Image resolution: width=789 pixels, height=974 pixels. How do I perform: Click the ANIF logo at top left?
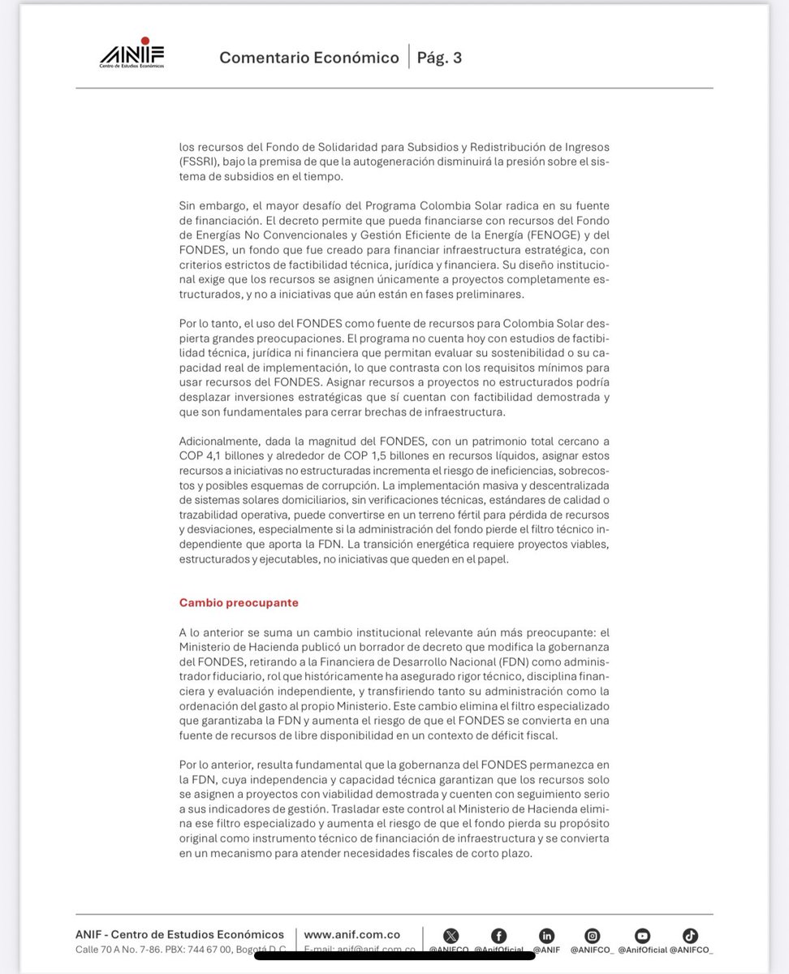pyautogui.click(x=131, y=54)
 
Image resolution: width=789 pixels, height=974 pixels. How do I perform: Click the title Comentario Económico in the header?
pyautogui.click(x=309, y=58)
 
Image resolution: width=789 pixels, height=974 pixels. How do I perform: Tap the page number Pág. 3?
pyautogui.click(x=439, y=58)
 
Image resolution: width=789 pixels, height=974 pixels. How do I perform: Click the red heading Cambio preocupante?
pyautogui.click(x=239, y=603)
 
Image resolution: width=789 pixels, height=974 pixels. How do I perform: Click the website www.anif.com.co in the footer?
pyautogui.click(x=351, y=934)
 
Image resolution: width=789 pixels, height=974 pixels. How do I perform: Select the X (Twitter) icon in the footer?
pyautogui.click(x=451, y=935)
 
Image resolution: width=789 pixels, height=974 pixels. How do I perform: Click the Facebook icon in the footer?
pyautogui.click(x=498, y=935)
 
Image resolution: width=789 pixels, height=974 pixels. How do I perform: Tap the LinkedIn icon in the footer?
pyautogui.click(x=546, y=935)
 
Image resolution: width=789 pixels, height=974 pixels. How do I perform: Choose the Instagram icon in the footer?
pyautogui.click(x=593, y=935)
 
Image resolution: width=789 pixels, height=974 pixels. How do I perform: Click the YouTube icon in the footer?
pyautogui.click(x=642, y=935)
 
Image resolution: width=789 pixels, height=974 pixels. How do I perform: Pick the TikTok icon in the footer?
pyautogui.click(x=690, y=935)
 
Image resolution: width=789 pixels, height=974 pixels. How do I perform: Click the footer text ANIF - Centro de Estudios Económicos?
pyautogui.click(x=179, y=934)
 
